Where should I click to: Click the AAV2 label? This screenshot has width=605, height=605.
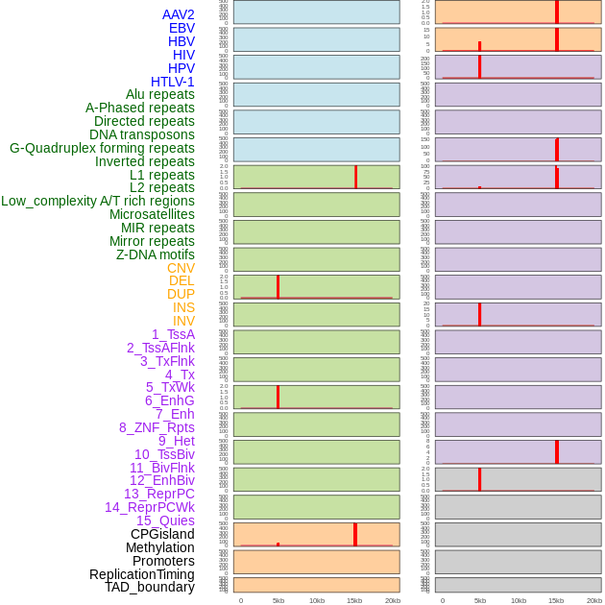(x=178, y=14)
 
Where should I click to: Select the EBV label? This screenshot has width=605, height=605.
(x=181, y=28)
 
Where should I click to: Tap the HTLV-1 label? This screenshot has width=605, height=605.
(x=172, y=82)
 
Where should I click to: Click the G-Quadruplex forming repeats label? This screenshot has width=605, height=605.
(x=102, y=148)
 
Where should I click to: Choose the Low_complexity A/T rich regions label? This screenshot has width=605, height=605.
(x=98, y=201)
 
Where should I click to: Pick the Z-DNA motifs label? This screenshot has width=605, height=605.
(x=156, y=254)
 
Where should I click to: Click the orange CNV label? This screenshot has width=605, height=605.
(x=181, y=268)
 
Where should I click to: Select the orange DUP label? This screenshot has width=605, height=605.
(x=181, y=294)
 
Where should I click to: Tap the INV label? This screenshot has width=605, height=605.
(x=183, y=321)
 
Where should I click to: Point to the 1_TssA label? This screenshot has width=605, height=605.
(x=173, y=334)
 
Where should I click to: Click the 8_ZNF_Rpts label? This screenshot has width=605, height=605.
(x=157, y=427)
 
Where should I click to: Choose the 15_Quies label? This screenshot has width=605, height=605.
(x=165, y=520)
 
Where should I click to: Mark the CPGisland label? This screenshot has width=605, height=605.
(x=162, y=534)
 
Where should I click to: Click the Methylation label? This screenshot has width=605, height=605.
(x=159, y=547)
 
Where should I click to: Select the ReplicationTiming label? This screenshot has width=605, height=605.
(x=141, y=574)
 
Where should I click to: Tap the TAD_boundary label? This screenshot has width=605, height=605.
(x=150, y=587)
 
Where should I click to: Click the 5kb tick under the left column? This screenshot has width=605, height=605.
(x=278, y=600)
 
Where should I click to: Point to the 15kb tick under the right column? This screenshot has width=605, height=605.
(x=556, y=600)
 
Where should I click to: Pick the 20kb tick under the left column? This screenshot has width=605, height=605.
(x=392, y=600)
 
